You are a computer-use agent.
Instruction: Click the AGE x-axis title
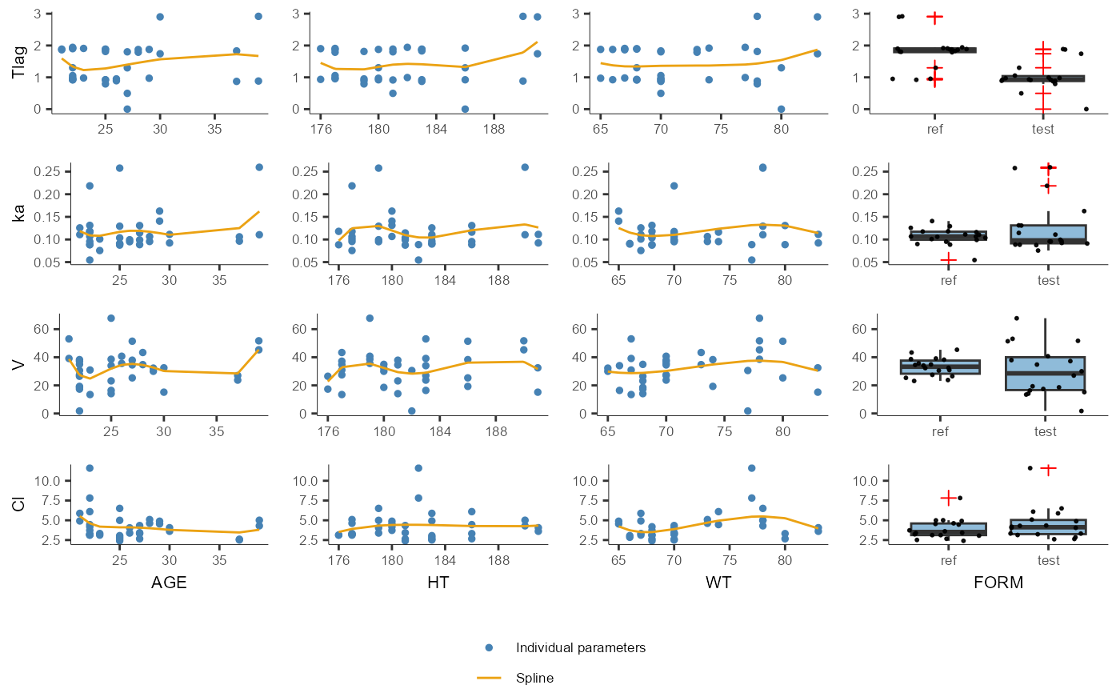pyautogui.click(x=169, y=583)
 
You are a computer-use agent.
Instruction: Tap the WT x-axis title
pyautogui.click(x=718, y=583)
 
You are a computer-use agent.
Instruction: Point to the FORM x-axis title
pyautogui.click(x=998, y=583)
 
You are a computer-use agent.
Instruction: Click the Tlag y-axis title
pyautogui.click(x=18, y=62)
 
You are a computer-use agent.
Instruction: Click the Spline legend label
pyautogui.click(x=534, y=678)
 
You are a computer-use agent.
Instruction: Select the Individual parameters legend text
pyautogui.click(x=580, y=647)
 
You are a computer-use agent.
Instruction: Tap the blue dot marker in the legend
pyautogui.click(x=489, y=647)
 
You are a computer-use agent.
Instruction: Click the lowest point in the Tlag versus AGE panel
pyautogui.click(x=127, y=109)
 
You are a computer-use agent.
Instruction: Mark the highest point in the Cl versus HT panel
pyautogui.click(x=418, y=468)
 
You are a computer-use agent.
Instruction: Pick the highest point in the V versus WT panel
pyautogui.click(x=759, y=318)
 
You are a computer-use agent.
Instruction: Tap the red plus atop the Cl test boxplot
pyautogui.click(x=1048, y=468)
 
